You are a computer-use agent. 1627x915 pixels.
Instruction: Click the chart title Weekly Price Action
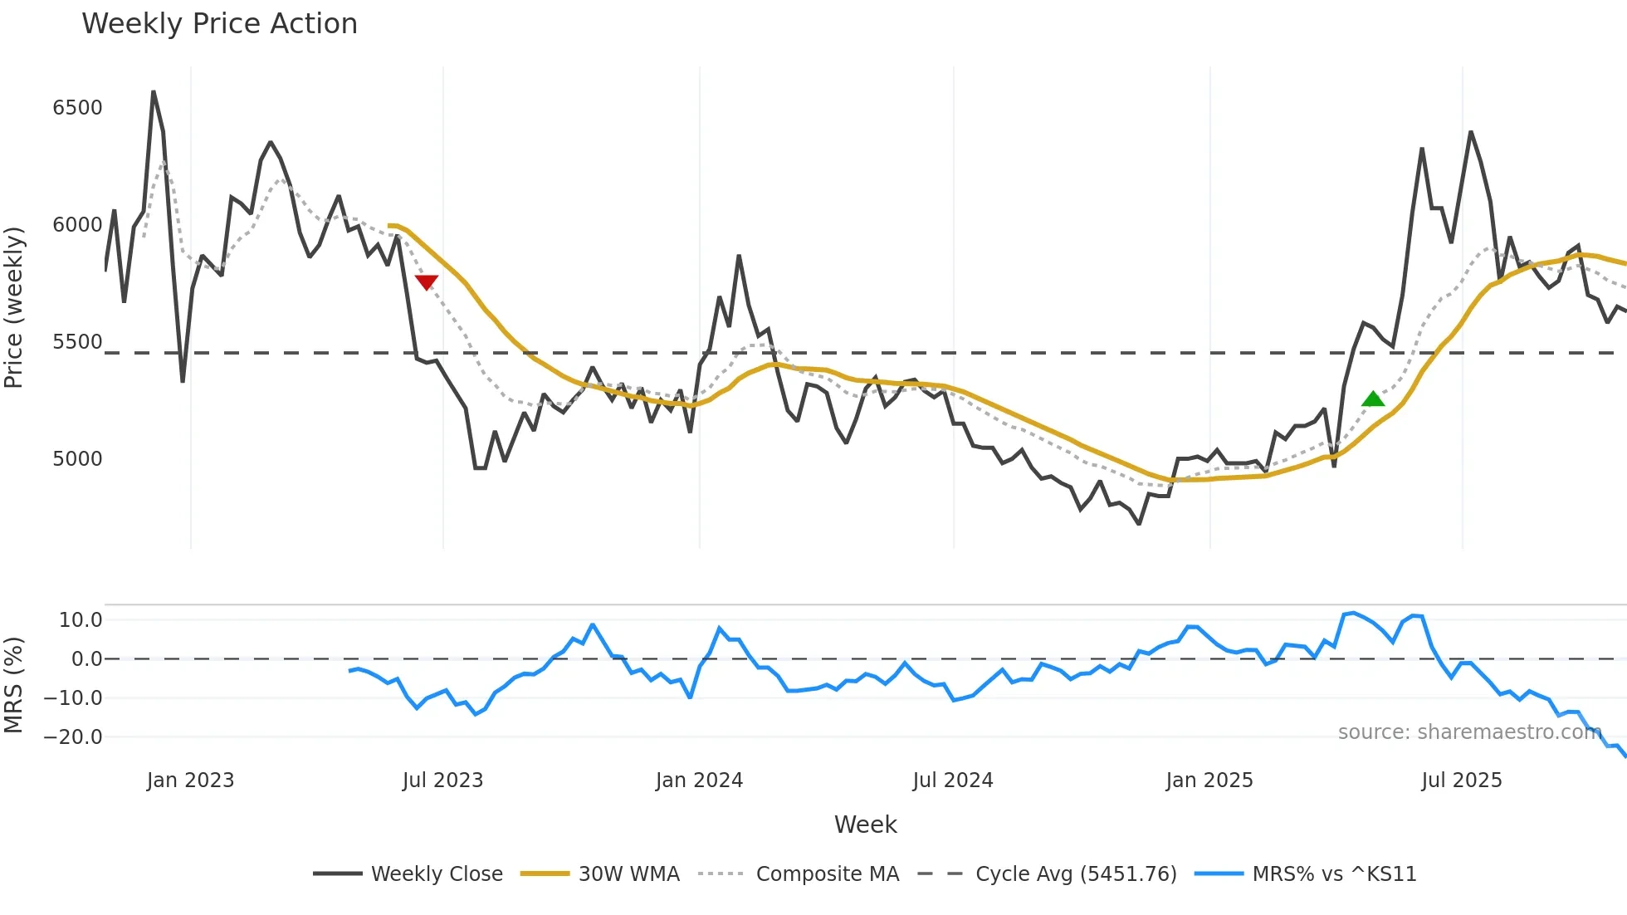(219, 24)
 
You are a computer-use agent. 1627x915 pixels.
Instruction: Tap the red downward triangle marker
(426, 282)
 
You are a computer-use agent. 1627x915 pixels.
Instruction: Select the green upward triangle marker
(1373, 399)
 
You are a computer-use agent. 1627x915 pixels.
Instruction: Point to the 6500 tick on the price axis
(77, 108)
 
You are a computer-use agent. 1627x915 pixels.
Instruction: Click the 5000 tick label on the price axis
(77, 459)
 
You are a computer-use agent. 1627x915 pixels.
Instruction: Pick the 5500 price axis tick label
(77, 342)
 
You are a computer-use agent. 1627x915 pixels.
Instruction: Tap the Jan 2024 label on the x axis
(699, 780)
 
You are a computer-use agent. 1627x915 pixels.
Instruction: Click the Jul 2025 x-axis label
(1462, 780)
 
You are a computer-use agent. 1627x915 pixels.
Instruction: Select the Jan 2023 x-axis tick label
(190, 780)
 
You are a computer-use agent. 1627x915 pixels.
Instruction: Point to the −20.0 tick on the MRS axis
(73, 737)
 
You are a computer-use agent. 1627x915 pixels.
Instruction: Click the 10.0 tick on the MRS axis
(81, 620)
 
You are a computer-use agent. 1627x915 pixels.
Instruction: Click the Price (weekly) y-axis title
(14, 307)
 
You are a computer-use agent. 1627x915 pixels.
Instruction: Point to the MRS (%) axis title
(14, 685)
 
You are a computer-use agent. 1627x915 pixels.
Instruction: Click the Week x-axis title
(865, 824)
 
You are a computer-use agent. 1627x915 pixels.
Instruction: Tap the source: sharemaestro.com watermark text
(1469, 732)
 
